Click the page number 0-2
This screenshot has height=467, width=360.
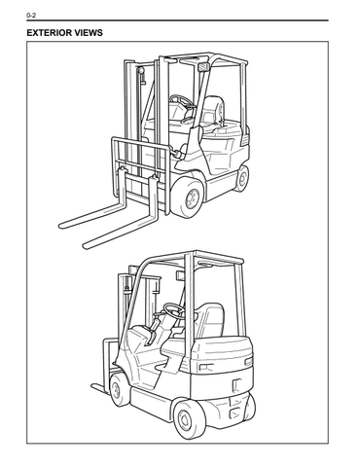tap(31, 15)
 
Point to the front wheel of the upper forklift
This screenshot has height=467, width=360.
tap(189, 198)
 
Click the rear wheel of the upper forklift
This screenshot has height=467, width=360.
tap(241, 178)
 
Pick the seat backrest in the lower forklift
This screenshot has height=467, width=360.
tap(211, 320)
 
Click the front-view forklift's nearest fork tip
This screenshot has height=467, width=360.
tap(87, 245)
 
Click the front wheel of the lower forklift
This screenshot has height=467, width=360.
tap(117, 389)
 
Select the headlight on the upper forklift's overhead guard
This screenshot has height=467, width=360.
tap(203, 67)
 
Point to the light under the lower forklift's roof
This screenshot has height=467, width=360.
tap(180, 275)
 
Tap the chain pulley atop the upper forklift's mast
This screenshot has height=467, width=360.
tap(141, 70)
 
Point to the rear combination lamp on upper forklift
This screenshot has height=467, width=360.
tap(245, 140)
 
